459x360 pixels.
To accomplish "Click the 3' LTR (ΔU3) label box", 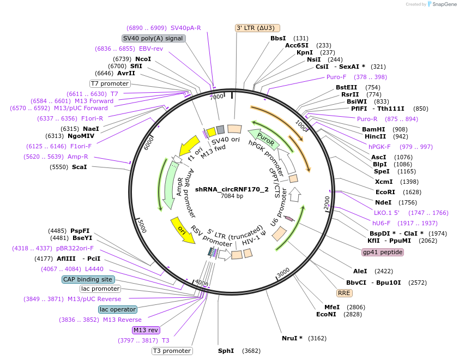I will pos(257,28).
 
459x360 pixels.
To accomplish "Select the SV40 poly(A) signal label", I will pos(153,38).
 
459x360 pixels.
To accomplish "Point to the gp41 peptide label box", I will pos(383,252).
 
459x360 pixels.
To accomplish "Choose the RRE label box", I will pos(344,293).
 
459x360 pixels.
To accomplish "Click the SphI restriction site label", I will pos(226,351).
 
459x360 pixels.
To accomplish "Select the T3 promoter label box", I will pos(172,351).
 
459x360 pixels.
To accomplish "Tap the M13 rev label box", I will pos(146,330).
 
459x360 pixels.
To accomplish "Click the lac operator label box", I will pos(117,309).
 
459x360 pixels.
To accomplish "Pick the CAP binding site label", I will pos(88,279).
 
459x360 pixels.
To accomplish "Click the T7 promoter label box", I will pos(110,83).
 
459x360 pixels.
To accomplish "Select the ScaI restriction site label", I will pos(79,167).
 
